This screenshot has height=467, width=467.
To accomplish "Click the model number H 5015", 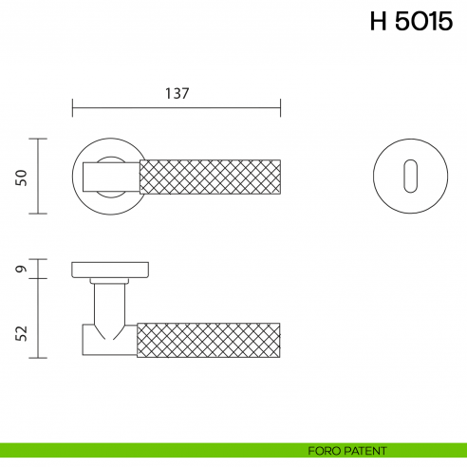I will point(412,22).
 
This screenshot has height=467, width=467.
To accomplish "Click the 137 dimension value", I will point(177,93).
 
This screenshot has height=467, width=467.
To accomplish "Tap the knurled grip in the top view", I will point(211,177).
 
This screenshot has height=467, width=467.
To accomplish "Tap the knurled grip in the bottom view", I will point(211,339).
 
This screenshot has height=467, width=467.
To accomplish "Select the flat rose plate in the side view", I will point(110,270).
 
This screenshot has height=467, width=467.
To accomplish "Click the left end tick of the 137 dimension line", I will point(73,108).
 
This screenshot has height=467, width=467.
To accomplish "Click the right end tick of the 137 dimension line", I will point(281,108).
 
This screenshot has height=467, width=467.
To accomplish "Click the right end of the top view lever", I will point(279,177).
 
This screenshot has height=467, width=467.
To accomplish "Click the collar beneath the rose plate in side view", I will point(111,282).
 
